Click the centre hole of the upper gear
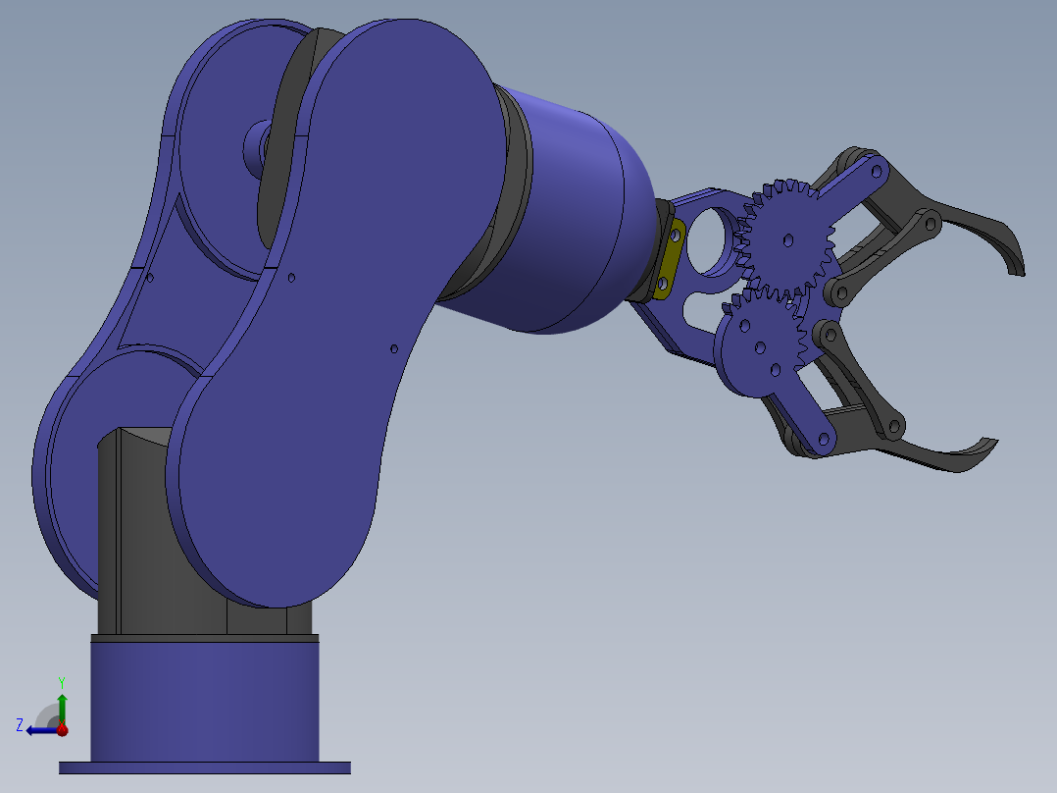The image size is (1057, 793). coord(787,238)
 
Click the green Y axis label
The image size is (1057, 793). coord(61,680)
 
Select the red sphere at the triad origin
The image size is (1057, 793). coord(62,729)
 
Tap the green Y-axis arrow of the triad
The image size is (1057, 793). coord(62,707)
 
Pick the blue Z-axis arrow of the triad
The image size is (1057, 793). coord(39,729)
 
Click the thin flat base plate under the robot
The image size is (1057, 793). coord(204,767)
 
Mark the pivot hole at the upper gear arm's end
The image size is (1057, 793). coord(872,171)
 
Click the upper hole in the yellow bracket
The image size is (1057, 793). coord(677,237)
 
